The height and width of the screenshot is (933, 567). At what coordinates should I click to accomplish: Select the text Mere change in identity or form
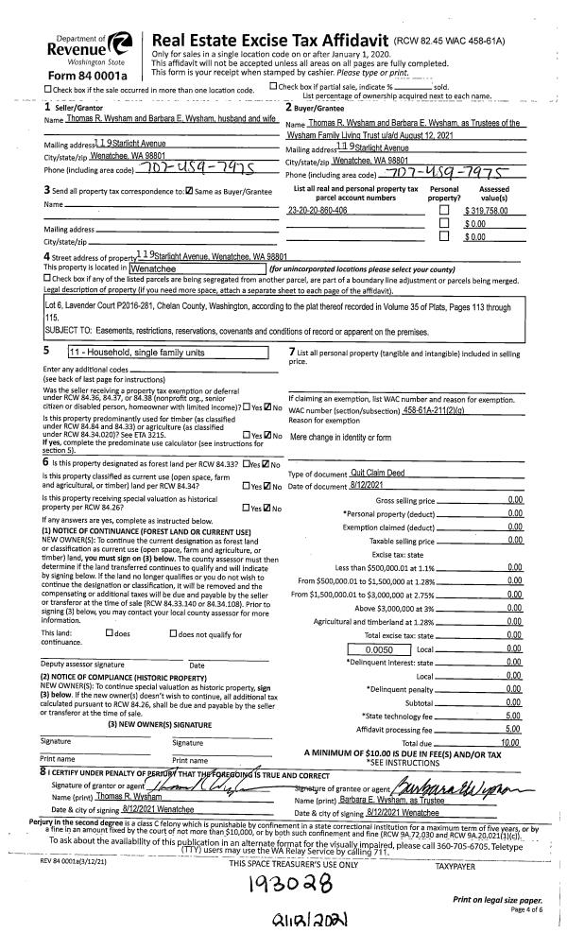coord(339,438)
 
